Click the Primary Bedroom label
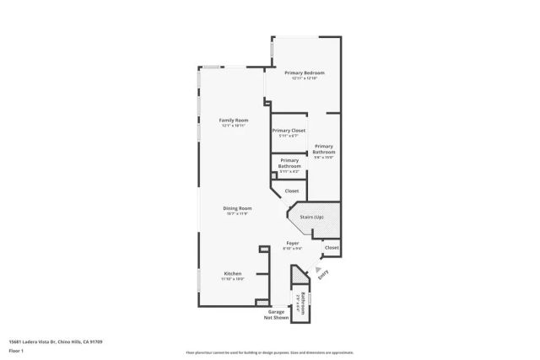305,73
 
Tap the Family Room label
234,121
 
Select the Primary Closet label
289,130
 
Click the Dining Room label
237,208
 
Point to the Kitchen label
233,273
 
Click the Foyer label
293,244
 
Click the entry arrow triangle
319,270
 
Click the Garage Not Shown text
276,314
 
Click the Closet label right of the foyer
332,248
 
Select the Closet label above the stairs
291,191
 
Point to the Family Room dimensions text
234,126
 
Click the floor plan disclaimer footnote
270,352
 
